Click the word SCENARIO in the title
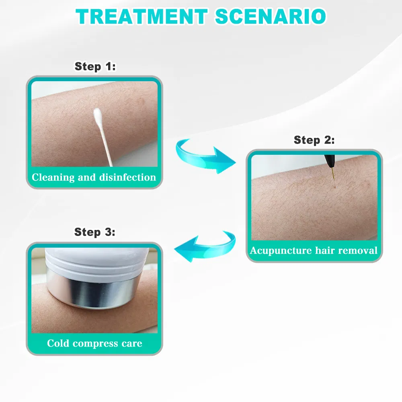point(270,16)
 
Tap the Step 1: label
point(95,66)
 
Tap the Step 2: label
point(314,140)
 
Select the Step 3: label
point(95,232)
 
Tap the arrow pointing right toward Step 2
point(205,156)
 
